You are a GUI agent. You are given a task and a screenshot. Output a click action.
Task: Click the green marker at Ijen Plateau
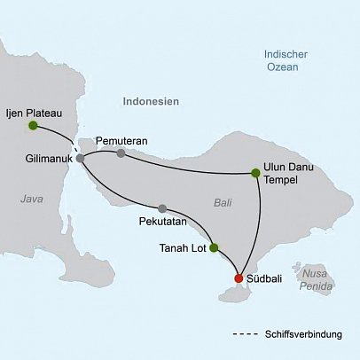click(33, 126)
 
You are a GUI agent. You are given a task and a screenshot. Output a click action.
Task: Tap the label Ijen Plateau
click(33, 112)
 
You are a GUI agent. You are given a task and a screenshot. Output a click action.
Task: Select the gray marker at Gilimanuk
click(80, 158)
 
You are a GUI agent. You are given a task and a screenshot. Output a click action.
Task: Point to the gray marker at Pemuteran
click(121, 153)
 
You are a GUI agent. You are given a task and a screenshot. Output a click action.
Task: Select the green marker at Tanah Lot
click(213, 248)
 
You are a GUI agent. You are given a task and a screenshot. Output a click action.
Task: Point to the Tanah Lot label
click(183, 248)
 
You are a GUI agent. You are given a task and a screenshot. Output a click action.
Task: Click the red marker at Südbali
click(239, 278)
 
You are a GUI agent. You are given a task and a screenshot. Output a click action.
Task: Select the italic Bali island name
click(223, 203)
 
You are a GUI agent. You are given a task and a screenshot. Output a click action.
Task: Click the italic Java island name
click(32, 200)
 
